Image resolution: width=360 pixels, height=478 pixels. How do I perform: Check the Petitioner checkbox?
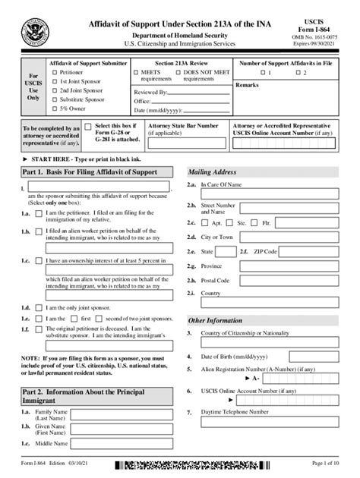(54, 73)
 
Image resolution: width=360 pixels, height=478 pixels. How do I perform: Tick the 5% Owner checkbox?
(54, 108)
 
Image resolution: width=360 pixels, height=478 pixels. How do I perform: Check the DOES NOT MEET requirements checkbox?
(178, 73)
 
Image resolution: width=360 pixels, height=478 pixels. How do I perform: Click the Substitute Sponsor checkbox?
(54, 99)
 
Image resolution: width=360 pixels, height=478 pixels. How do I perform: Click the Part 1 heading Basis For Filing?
(90, 172)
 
